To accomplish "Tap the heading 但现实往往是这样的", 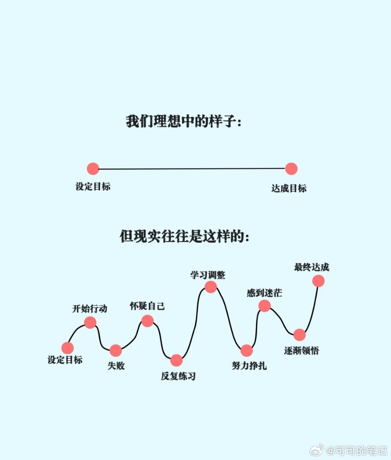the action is (x=184, y=236).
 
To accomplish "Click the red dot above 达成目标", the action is (x=291, y=169).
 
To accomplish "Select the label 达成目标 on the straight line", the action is (x=289, y=188).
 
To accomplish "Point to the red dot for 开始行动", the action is (x=90, y=322).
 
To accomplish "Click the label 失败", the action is (x=116, y=366).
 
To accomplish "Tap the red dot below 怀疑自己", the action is (x=148, y=321).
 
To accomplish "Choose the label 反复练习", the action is (x=178, y=376).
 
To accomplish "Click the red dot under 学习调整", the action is (x=210, y=287).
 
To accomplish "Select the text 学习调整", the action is (x=208, y=275).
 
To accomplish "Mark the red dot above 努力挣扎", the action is (x=247, y=351).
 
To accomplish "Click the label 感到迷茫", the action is (x=264, y=293).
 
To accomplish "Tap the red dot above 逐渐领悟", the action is (x=299, y=335).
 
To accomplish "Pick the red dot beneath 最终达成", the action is (x=318, y=281).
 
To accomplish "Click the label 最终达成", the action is (x=312, y=267).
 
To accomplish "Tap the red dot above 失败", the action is (x=116, y=351).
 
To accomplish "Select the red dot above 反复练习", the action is (x=176, y=360).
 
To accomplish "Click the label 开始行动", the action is (x=89, y=309).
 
